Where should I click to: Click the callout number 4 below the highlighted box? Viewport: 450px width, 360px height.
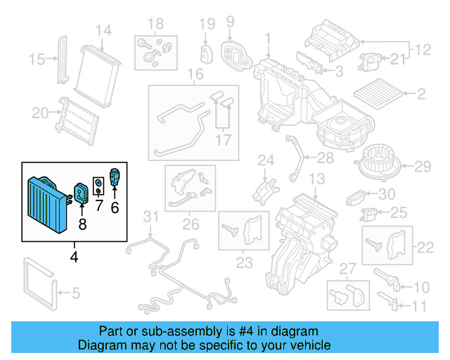(x=75, y=257)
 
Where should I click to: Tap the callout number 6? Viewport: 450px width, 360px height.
(x=115, y=207)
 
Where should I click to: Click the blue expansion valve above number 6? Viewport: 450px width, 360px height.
(x=115, y=176)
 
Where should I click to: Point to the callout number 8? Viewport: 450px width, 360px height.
(x=82, y=225)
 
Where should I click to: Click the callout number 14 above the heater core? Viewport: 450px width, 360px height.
(x=103, y=30)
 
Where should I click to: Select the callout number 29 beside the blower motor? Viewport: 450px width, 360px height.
(x=422, y=167)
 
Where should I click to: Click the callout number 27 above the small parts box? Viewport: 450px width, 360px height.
(x=348, y=268)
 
